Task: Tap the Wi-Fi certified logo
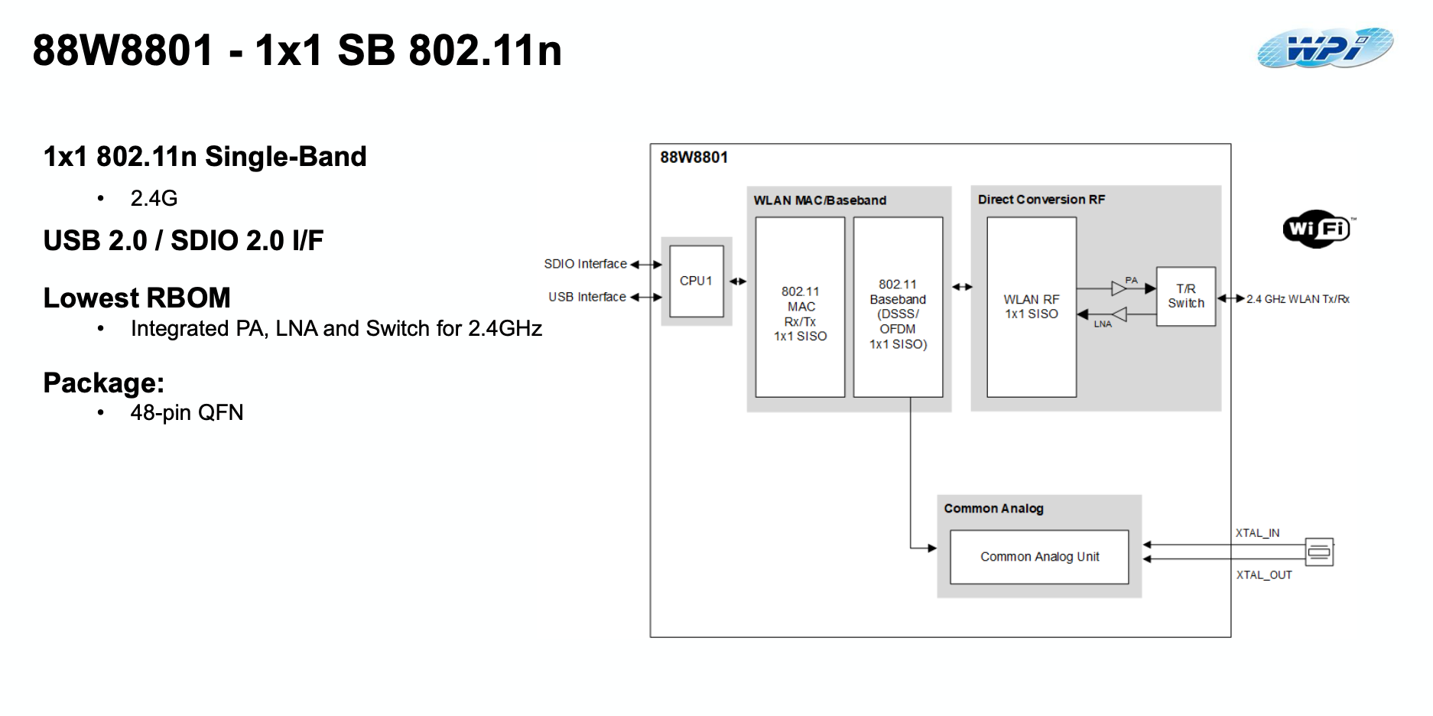click(x=1318, y=229)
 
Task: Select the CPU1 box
click(x=696, y=281)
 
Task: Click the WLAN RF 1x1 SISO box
click(x=1031, y=307)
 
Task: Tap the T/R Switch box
click(x=1185, y=296)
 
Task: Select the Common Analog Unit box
click(x=1039, y=557)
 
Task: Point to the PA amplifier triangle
click(x=1119, y=288)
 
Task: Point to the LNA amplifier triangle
click(x=1119, y=314)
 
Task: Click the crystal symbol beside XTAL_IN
click(x=1319, y=552)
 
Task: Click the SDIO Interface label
click(x=585, y=264)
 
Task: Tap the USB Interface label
click(x=587, y=297)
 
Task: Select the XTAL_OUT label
click(x=1264, y=575)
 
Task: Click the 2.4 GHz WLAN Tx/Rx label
click(x=1298, y=299)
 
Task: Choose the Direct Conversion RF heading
click(x=1041, y=200)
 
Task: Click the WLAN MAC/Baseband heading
click(x=820, y=200)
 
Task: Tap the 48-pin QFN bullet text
click(x=187, y=413)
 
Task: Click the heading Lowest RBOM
click(x=137, y=298)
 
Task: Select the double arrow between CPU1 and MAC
click(x=738, y=282)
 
